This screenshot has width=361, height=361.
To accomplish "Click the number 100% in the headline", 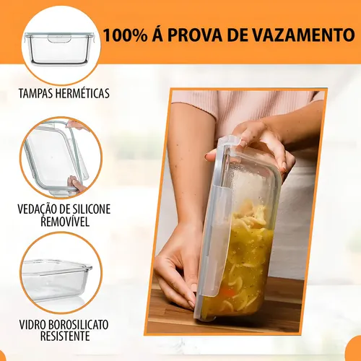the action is (125, 35).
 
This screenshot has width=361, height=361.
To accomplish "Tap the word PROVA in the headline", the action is (195, 35).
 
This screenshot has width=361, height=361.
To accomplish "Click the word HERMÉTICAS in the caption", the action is (82, 93).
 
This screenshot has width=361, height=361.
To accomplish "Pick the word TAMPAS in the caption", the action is (36, 93).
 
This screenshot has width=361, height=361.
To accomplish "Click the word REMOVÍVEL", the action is (65, 222).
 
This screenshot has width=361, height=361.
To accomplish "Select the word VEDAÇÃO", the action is (36, 209).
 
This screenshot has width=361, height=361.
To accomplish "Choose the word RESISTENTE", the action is (65, 336).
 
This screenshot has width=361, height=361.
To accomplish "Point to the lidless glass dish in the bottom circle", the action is (56, 280).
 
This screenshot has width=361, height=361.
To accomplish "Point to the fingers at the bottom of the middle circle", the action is (75, 184).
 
